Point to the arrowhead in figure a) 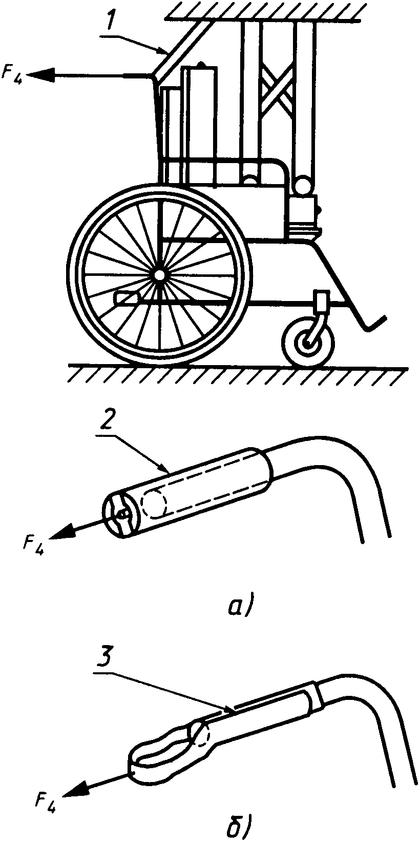[x=61, y=532]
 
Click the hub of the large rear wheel [x=159, y=275]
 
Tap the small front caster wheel [x=308, y=344]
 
